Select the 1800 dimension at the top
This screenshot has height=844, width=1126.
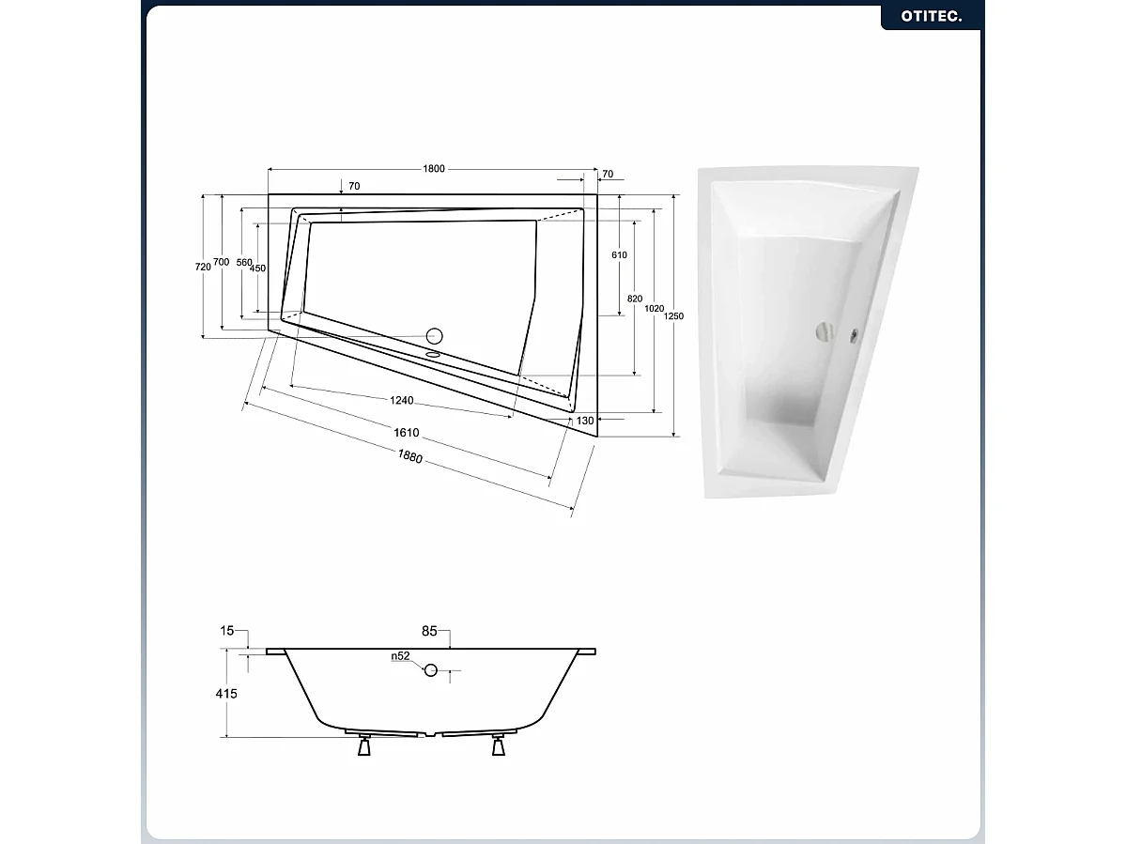433,169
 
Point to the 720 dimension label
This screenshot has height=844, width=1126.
203,267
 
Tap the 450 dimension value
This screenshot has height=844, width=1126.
259,269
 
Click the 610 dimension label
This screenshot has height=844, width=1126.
619,255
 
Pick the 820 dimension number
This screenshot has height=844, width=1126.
635,299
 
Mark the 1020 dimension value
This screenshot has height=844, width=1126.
655,308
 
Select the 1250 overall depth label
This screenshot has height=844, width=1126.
673,316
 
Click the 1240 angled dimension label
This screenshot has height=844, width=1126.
401,401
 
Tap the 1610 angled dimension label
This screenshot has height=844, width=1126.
407,434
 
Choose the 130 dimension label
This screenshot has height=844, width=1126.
585,421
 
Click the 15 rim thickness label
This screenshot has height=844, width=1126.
227,632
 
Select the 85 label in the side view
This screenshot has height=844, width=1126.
429,632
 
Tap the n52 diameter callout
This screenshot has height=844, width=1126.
401,657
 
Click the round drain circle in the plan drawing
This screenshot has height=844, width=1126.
435,335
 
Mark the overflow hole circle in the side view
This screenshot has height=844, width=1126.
431,670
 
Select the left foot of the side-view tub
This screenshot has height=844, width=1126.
362,748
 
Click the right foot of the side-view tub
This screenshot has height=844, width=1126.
498,748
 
